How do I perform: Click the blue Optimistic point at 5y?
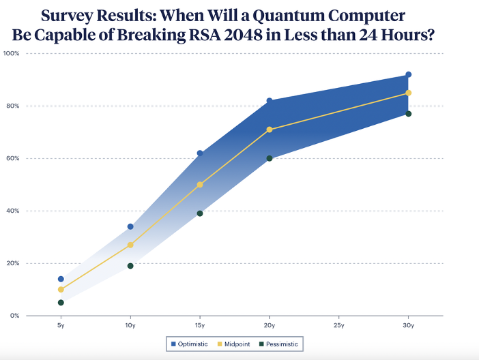point(61,279)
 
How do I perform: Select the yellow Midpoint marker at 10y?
point(130,245)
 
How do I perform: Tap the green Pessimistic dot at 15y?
point(200,213)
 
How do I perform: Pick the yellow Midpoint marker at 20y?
point(270,130)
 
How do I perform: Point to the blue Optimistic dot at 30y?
point(409,74)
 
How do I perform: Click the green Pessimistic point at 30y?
point(409,114)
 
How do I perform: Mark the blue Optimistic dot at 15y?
point(200,153)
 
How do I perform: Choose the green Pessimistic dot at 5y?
point(61,303)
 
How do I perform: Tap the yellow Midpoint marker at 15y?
point(200,185)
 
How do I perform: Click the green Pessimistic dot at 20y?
point(270,158)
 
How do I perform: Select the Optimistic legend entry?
point(190,344)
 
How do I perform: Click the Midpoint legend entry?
point(233,344)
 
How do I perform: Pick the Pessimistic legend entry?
point(278,344)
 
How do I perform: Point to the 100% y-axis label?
point(12,53)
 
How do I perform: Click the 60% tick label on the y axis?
point(13,158)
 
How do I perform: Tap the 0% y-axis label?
point(14,316)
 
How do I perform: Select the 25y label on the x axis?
point(339,325)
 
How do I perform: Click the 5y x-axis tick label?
point(61,325)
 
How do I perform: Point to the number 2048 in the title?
point(243,35)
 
